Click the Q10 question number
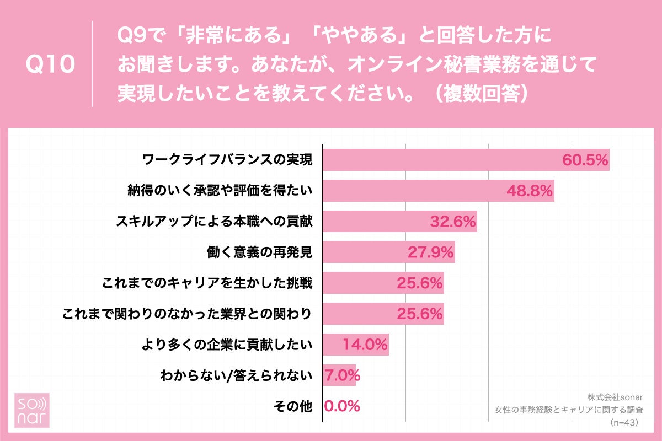[x=50, y=65]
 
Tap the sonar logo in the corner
[x=31, y=410]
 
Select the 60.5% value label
[x=585, y=160]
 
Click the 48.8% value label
[x=530, y=191]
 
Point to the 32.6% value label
[x=452, y=222]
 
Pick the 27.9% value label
[x=430, y=252]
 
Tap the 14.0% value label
[x=365, y=345]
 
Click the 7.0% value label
[x=342, y=376]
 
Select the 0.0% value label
[x=342, y=407]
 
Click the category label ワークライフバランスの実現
[x=227, y=160]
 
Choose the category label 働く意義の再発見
[x=258, y=252]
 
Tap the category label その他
[x=293, y=407]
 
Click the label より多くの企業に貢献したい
[x=227, y=345]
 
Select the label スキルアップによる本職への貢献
[x=214, y=222]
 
